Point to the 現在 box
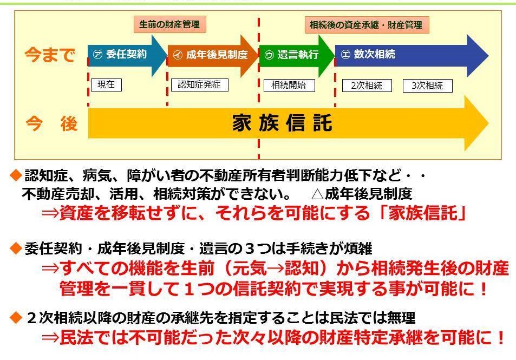(106, 85)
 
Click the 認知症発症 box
(199, 85)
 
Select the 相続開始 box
(289, 85)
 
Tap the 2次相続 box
(367, 86)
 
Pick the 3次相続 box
(427, 86)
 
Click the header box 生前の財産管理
(169, 24)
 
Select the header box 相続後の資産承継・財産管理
(366, 24)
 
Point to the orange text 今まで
(50, 55)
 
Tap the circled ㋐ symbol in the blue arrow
(97, 55)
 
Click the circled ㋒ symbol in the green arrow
(269, 55)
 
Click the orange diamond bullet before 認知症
(16, 175)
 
